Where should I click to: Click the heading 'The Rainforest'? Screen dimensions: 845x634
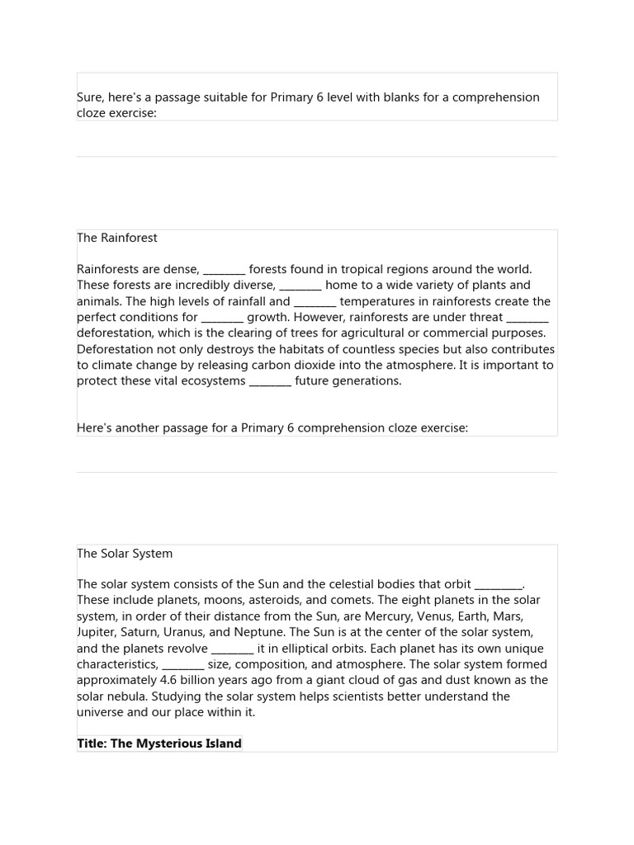(x=117, y=238)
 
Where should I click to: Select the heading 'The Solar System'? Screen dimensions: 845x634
(x=125, y=554)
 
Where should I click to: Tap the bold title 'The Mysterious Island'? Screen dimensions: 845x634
(x=159, y=744)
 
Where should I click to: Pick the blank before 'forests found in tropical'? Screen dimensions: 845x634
(x=224, y=270)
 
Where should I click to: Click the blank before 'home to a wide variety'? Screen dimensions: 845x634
(x=300, y=286)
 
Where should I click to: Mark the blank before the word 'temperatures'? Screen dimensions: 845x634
(x=315, y=302)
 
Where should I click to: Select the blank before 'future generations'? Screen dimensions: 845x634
(x=270, y=381)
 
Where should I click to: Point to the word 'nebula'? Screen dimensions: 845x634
(x=131, y=696)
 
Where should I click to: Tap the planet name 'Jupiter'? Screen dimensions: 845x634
(x=97, y=633)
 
